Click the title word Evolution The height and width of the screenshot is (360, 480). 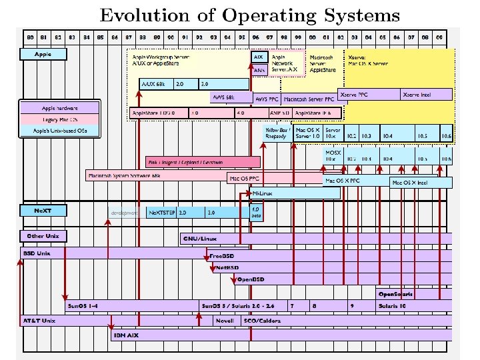(138, 15)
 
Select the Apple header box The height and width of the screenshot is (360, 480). (43, 53)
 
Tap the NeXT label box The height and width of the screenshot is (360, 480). (43, 211)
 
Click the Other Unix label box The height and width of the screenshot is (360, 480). (43, 236)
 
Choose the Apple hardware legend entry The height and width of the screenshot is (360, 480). (60, 107)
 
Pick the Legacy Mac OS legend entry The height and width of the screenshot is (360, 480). (60, 119)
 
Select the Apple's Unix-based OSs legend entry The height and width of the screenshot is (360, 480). (60, 131)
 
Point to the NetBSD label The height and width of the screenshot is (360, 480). (227, 267)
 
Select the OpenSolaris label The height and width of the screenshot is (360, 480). (395, 293)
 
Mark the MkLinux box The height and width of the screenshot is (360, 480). (262, 193)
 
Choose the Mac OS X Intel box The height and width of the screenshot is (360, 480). (409, 182)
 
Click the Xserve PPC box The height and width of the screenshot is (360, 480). (354, 95)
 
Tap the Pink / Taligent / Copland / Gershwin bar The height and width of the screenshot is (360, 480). (185, 162)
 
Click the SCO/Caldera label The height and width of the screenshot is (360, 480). (262, 321)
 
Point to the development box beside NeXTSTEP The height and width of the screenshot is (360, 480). (125, 213)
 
